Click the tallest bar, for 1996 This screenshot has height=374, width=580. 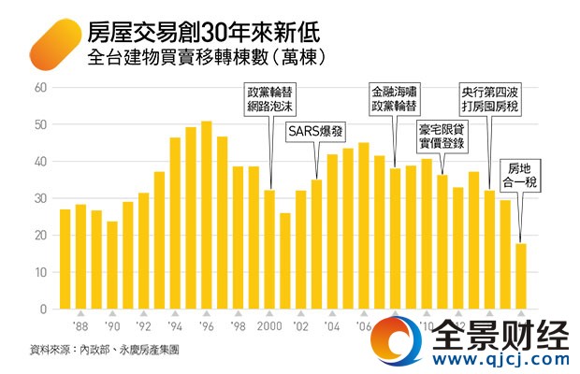pyautogui.click(x=206, y=215)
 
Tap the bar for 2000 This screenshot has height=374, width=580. pyautogui.click(x=269, y=249)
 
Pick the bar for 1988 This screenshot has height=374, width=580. pyautogui.click(x=80, y=256)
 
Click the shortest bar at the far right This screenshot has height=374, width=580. pyautogui.click(x=521, y=276)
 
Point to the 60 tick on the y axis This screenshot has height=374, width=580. pyautogui.click(x=40, y=88)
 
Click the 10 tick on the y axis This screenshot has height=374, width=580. pyautogui.click(x=40, y=272)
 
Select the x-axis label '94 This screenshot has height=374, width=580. pyautogui.click(x=175, y=328)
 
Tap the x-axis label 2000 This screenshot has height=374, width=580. pyautogui.click(x=269, y=328)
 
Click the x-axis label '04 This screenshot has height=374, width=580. pyautogui.click(x=332, y=328)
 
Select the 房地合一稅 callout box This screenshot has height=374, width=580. pyautogui.click(x=520, y=174)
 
